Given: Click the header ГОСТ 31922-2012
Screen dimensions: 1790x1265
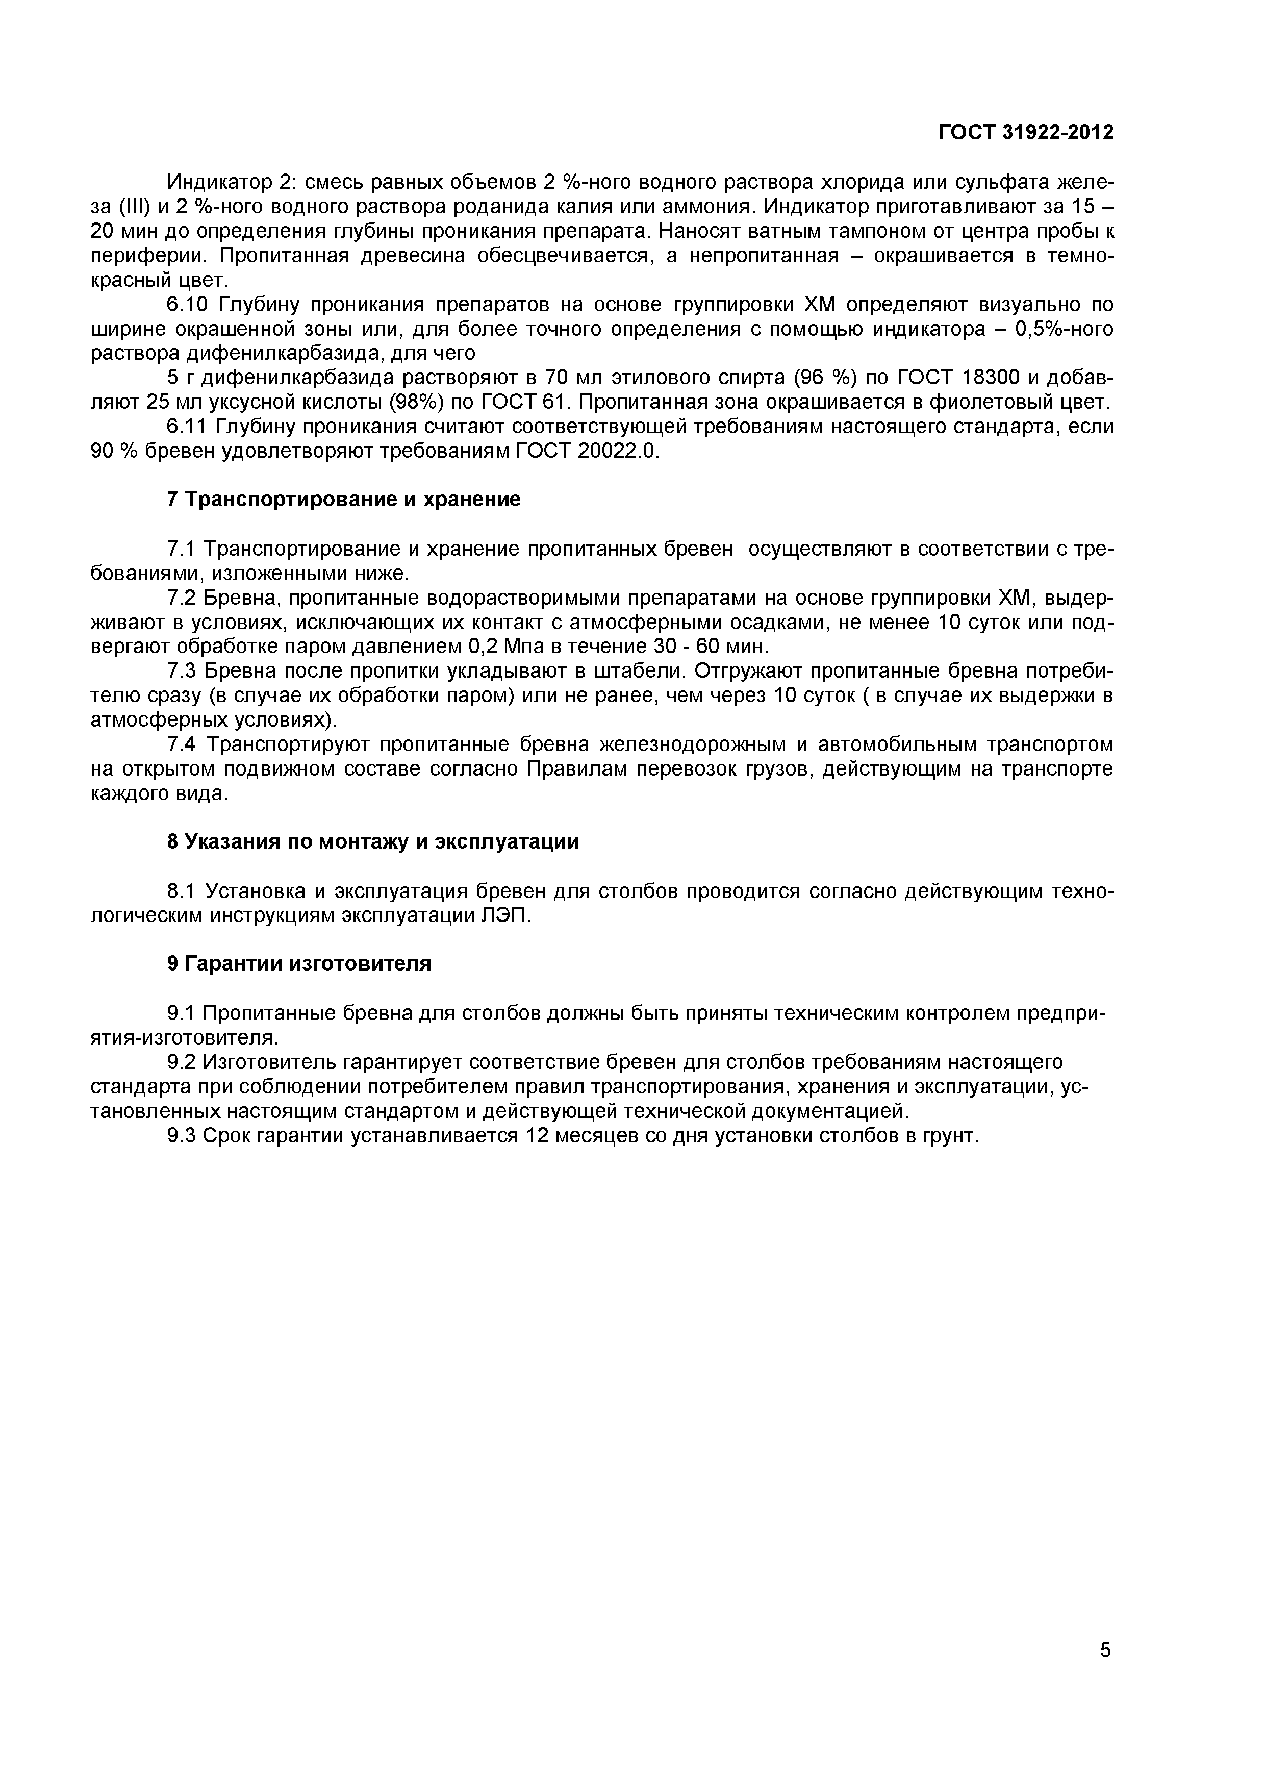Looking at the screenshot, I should coord(1026,133).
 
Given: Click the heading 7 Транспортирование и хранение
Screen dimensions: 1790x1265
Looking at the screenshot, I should coord(344,500).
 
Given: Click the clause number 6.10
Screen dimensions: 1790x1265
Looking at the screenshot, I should coord(189,304).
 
